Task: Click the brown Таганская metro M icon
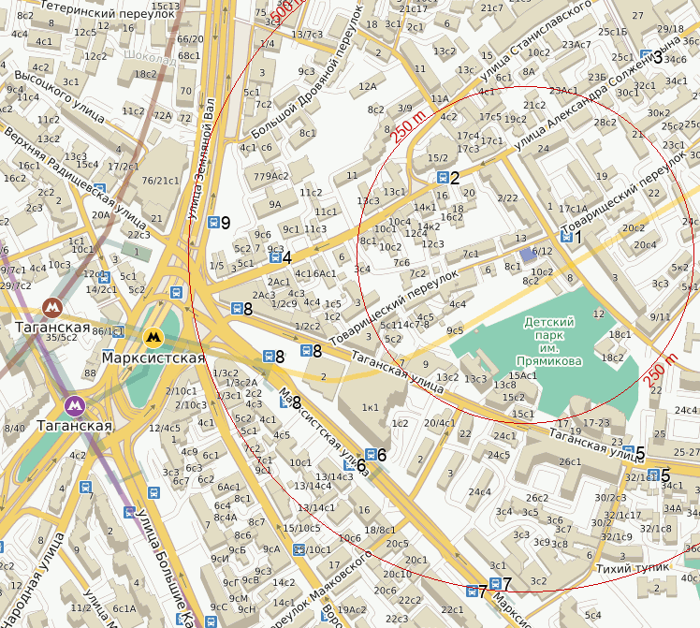click(x=53, y=306)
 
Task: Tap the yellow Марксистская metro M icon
click(x=152, y=336)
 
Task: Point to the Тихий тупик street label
click(x=633, y=567)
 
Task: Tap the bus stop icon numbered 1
click(x=566, y=238)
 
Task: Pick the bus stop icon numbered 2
click(x=442, y=178)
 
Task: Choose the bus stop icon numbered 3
click(x=645, y=57)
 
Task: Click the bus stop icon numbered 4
click(x=274, y=258)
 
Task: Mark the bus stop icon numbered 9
click(x=212, y=222)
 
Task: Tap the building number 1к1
click(x=371, y=407)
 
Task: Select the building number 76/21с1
click(x=160, y=181)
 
